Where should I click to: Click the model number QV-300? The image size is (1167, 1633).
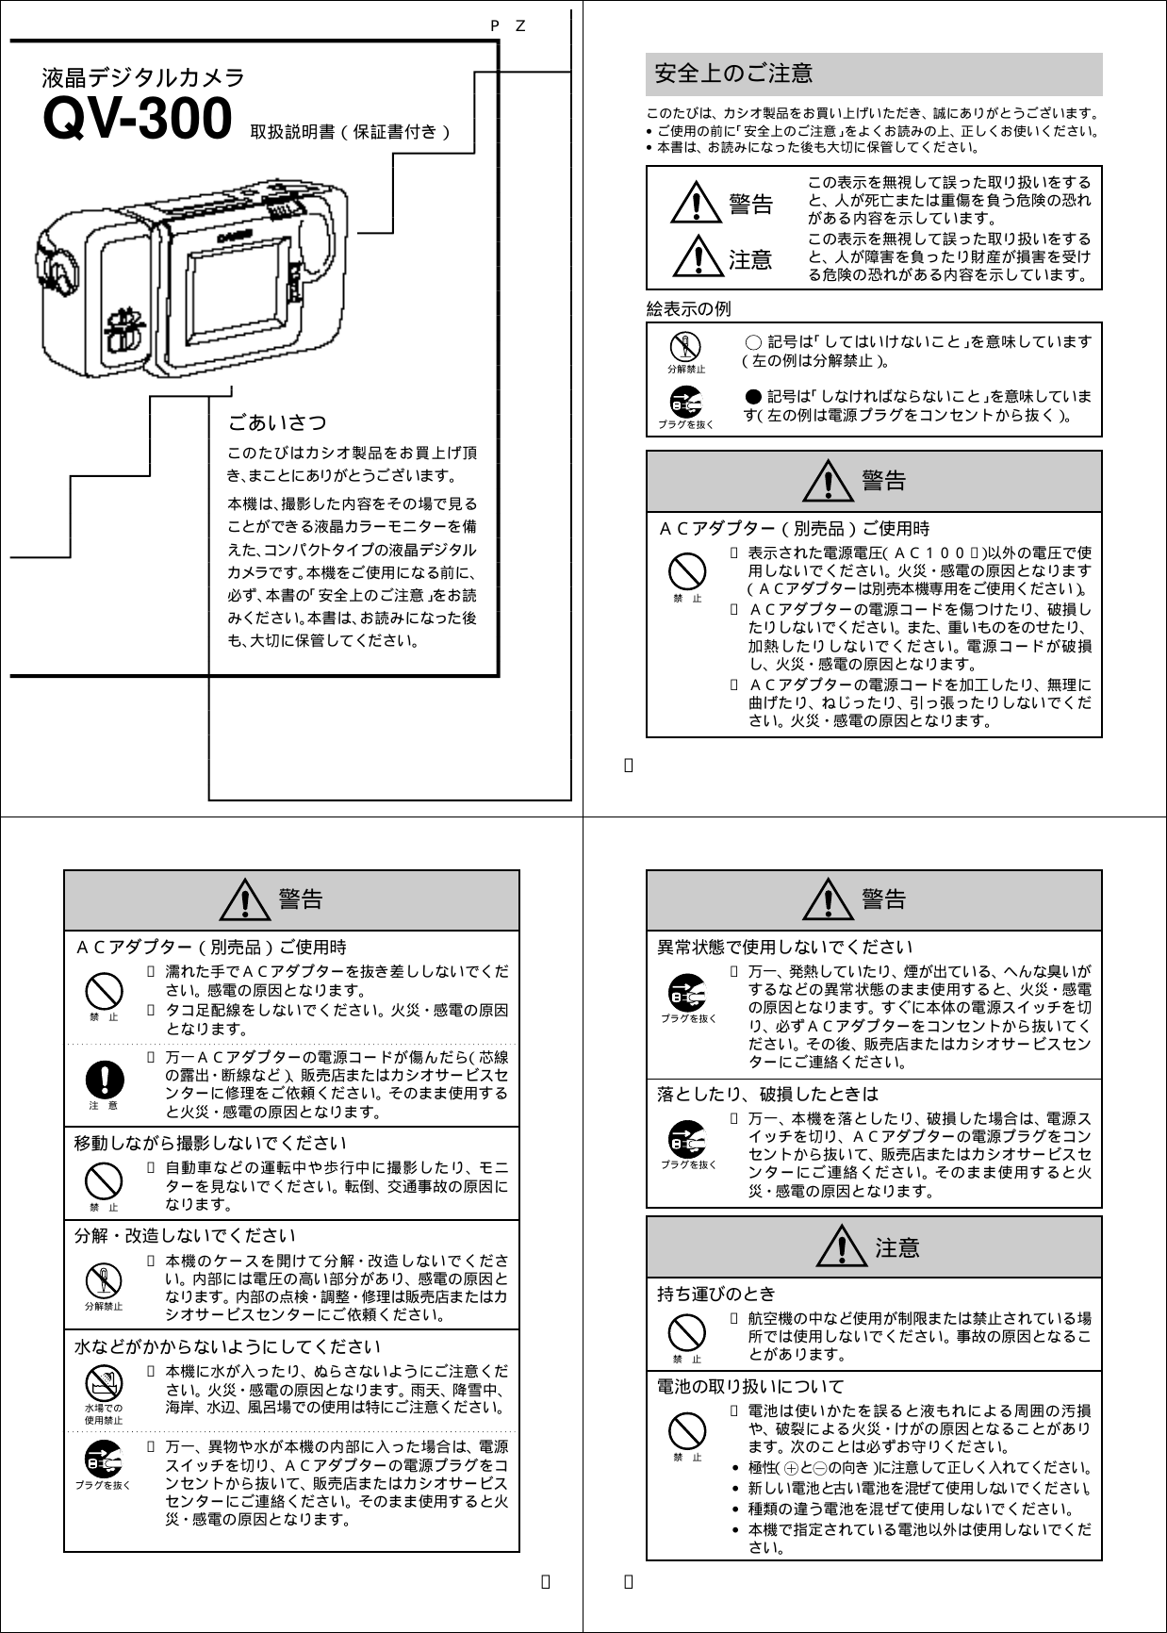click(x=138, y=117)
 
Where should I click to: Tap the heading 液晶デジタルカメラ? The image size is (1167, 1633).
click(x=143, y=77)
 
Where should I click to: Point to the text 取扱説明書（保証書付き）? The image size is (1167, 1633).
click(x=352, y=131)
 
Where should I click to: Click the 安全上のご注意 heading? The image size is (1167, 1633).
click(x=733, y=73)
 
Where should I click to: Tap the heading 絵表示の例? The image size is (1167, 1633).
click(x=687, y=309)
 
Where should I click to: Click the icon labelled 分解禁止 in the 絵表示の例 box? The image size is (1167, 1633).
click(x=686, y=347)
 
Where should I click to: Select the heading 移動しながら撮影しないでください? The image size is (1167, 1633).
click(x=211, y=1144)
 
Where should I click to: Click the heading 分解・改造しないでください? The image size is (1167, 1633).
click(x=185, y=1235)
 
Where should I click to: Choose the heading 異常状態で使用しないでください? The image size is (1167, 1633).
click(x=785, y=947)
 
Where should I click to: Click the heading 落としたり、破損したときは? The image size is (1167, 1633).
click(x=767, y=1094)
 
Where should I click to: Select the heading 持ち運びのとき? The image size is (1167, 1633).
click(x=716, y=1294)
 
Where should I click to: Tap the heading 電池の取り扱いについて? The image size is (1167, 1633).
click(x=750, y=1386)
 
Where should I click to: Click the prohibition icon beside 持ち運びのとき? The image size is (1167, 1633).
click(x=686, y=1333)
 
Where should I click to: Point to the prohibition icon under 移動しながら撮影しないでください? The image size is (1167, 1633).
click(x=104, y=1180)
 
